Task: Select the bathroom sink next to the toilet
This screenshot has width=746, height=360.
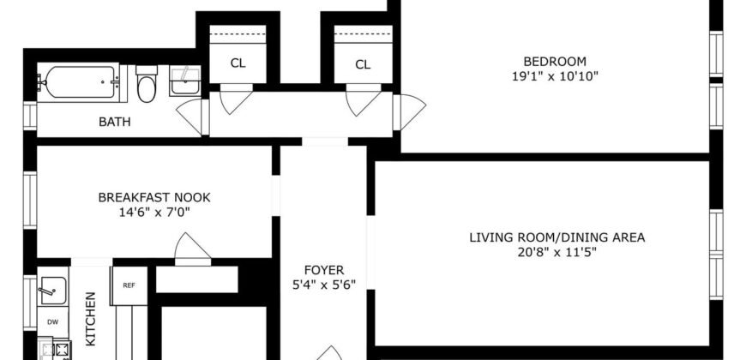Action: (183, 84)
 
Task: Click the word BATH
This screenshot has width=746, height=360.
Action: (114, 122)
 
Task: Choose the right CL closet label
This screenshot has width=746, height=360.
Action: (363, 63)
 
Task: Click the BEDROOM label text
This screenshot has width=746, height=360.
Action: (555, 61)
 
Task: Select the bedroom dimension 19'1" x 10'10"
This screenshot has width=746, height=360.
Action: (555, 75)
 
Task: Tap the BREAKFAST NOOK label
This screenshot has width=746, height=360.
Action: (153, 197)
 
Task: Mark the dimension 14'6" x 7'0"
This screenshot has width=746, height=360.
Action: (153, 212)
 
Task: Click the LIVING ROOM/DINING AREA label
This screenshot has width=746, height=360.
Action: (556, 237)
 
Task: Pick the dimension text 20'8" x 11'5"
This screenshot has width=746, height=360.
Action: (556, 252)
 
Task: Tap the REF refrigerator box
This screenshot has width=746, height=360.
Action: (129, 285)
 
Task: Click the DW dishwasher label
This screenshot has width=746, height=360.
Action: (53, 323)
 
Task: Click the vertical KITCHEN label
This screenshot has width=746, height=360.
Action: (91, 319)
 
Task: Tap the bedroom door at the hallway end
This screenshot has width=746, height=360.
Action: (412, 110)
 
